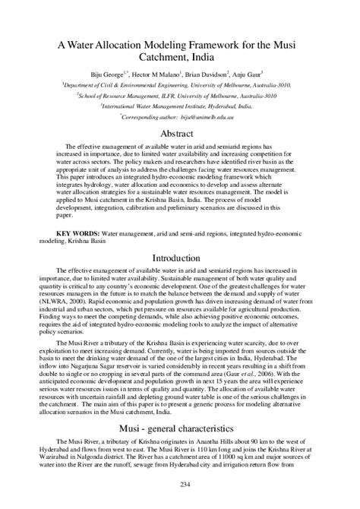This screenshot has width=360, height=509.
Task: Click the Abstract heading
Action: point(179,133)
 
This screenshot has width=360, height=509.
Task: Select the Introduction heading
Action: point(180,258)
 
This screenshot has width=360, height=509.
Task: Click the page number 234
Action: point(180,484)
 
